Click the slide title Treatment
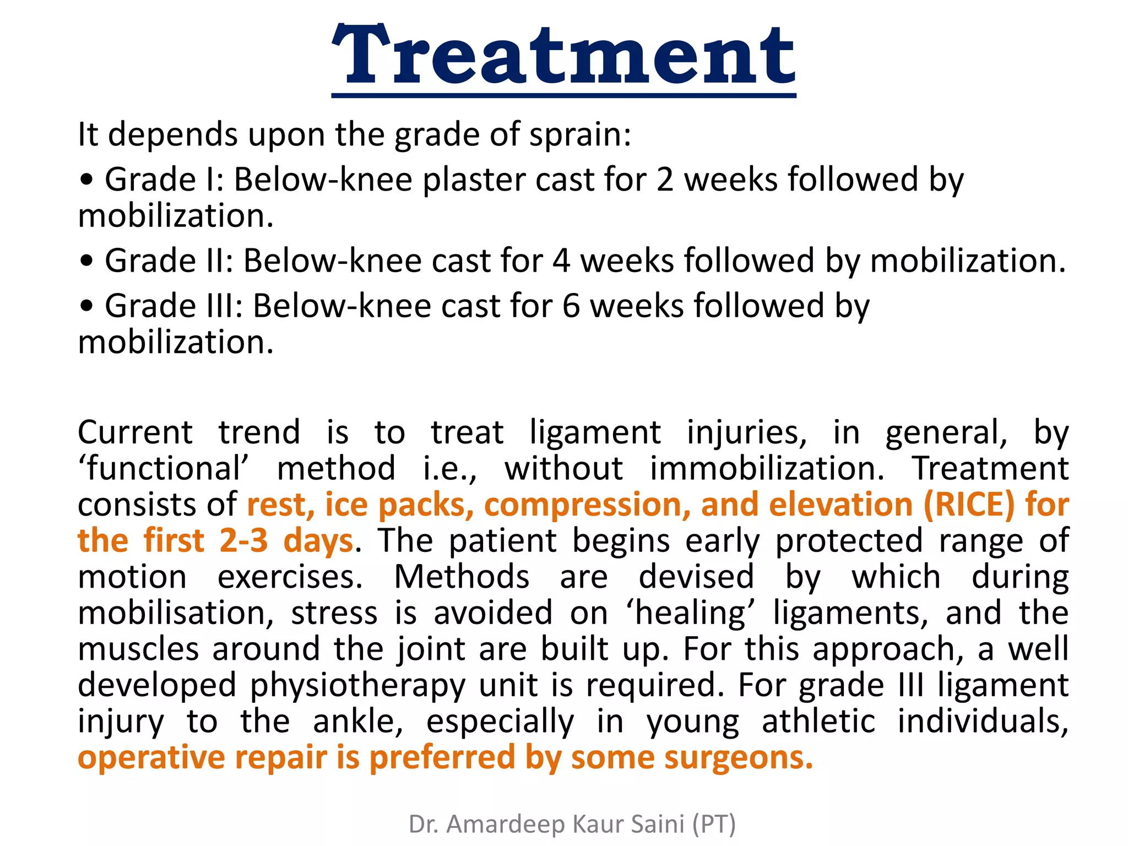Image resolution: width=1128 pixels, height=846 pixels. pos(563,56)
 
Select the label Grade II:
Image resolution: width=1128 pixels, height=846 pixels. pos(169,261)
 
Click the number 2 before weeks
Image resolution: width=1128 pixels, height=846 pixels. pos(665,180)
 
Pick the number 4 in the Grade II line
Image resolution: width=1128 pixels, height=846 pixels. pos(561,261)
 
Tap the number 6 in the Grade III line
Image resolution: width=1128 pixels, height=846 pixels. pos(571,306)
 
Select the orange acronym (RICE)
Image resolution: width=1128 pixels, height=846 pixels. pos(969,505)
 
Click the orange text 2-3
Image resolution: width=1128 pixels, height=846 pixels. pos(243,541)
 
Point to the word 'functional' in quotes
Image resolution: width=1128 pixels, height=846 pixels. pos(164,468)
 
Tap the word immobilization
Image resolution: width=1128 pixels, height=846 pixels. pos(767,468)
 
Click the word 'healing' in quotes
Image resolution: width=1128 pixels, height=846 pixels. pos(690,613)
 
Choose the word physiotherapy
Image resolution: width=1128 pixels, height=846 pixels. pos(358,686)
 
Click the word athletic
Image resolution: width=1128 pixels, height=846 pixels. pos(818,722)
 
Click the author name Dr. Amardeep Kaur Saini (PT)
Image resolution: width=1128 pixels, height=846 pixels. pos(572,824)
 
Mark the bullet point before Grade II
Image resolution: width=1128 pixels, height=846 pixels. pos(86,262)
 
